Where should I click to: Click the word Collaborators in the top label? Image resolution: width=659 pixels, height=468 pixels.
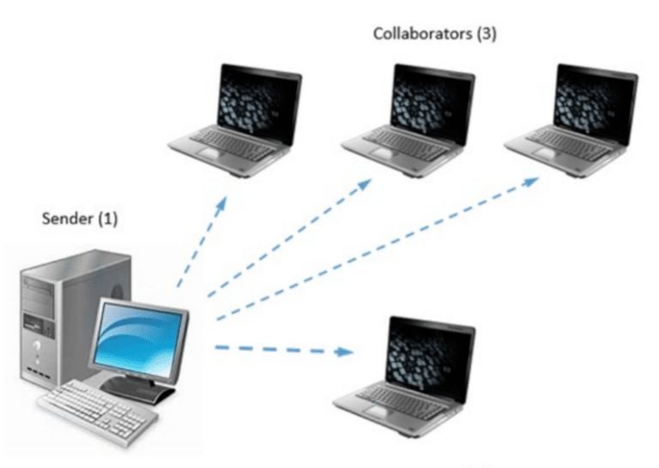coord(422,33)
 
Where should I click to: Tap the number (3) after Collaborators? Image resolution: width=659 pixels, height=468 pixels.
coord(487,33)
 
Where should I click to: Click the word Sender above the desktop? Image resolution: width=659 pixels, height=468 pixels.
coord(67,219)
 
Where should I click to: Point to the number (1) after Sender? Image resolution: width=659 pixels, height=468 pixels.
coord(107,219)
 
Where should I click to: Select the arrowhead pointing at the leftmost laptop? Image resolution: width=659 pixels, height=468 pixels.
coord(221,203)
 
